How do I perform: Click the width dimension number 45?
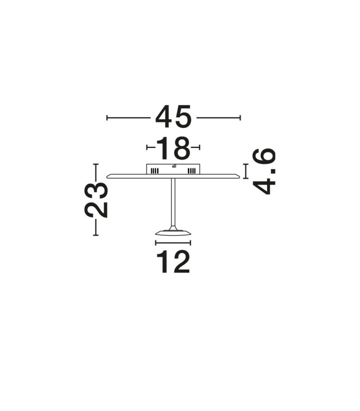coord(173,117)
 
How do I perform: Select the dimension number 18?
coord(173,148)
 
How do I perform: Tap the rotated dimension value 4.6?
coord(264,172)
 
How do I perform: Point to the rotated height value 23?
coord(96,200)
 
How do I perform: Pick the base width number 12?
coord(173,261)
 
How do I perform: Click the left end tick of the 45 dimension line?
coord(107,118)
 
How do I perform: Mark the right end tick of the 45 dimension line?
coord(240,118)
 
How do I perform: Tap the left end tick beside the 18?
coord(147,147)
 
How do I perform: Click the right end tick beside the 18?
coord(200,147)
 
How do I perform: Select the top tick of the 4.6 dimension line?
coord(246,164)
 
